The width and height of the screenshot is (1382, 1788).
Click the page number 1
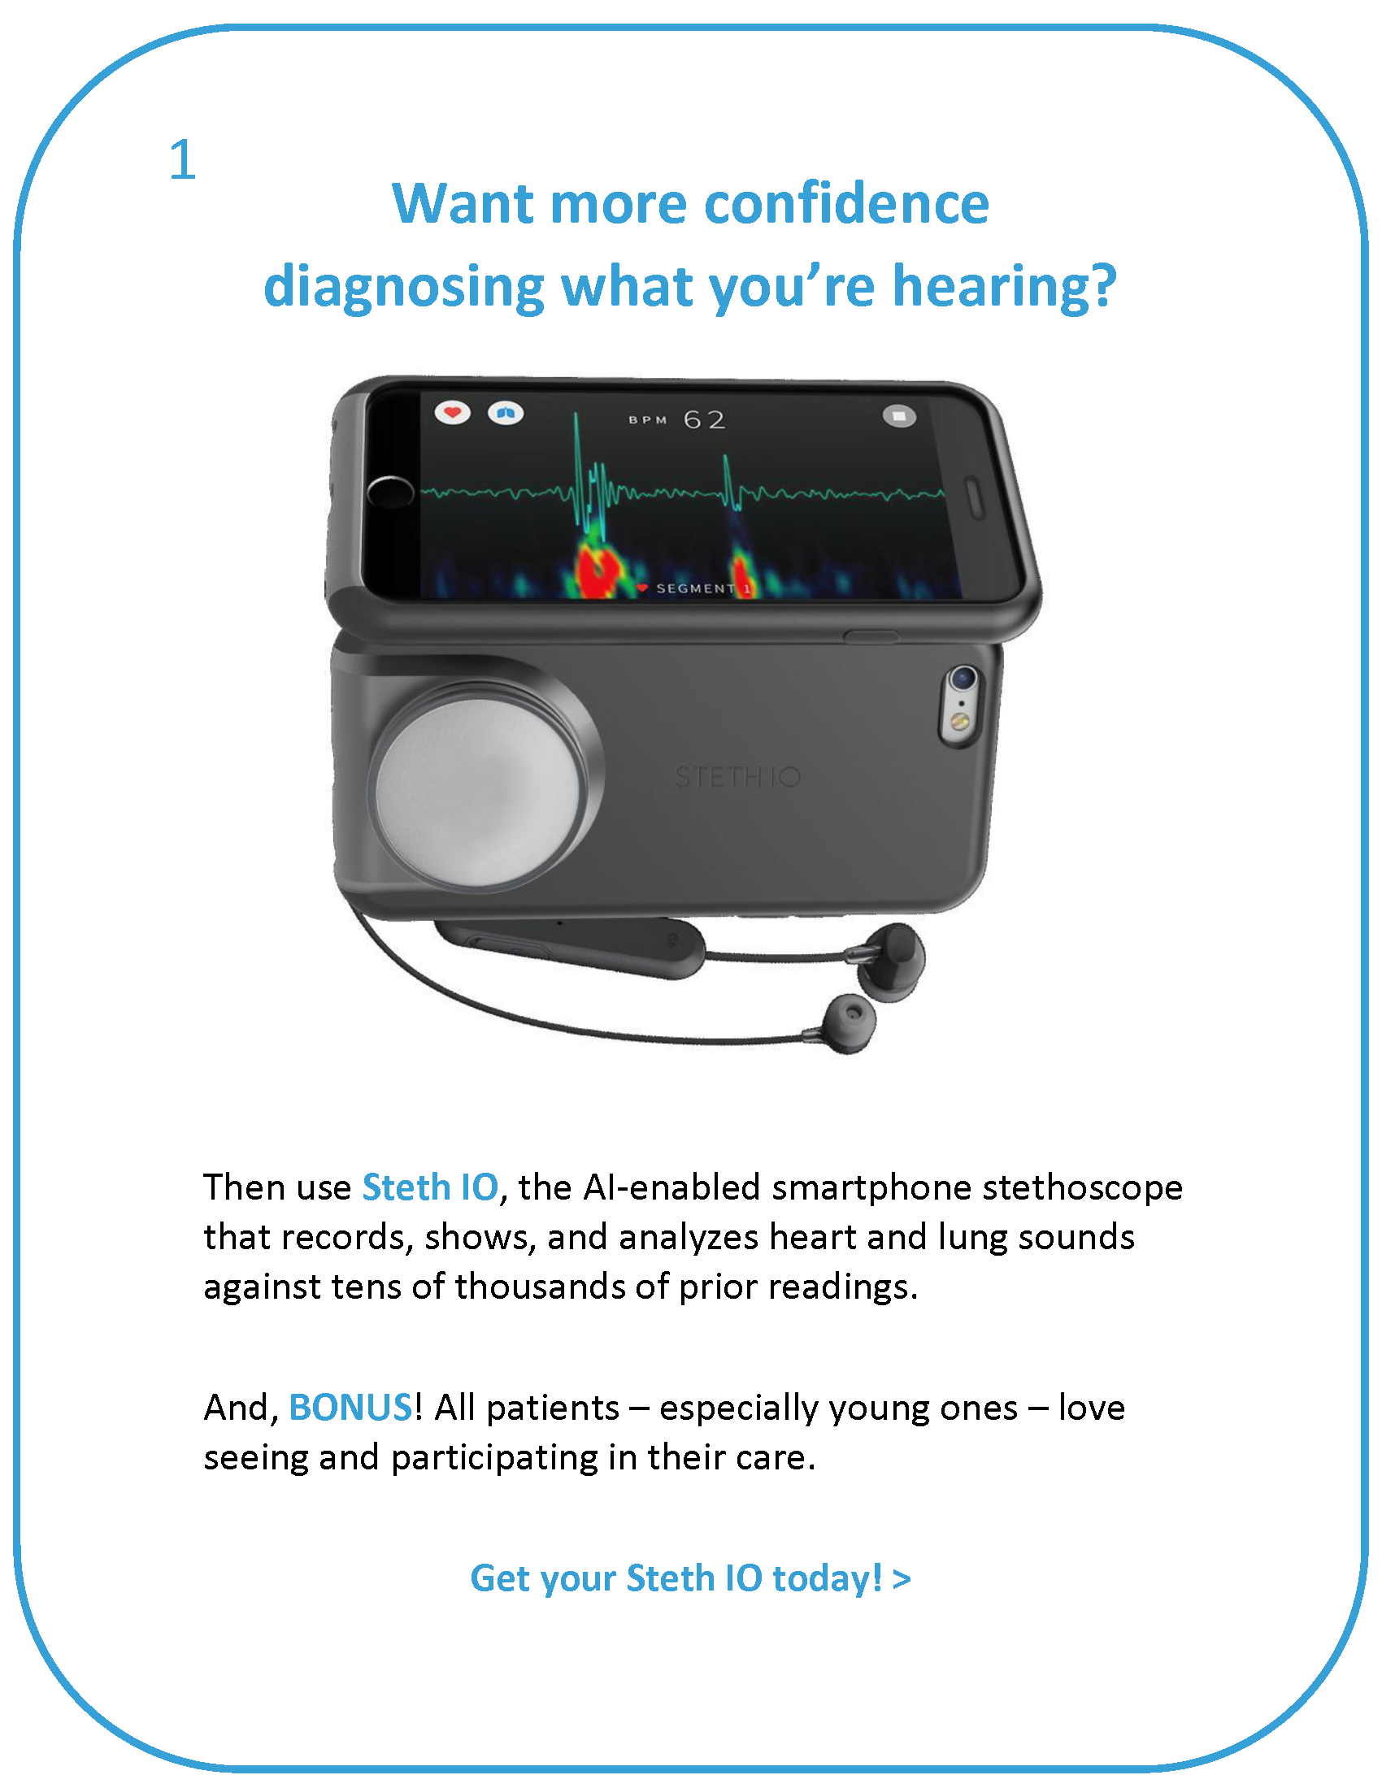pyautogui.click(x=183, y=159)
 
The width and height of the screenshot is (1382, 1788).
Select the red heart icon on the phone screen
pyautogui.click(x=453, y=412)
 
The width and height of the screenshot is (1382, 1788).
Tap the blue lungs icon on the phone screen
pyautogui.click(x=506, y=414)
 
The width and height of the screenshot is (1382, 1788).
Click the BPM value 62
pyautogui.click(x=705, y=420)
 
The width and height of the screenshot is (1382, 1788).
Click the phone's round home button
pyautogui.click(x=390, y=492)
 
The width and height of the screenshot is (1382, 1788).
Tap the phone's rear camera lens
pyautogui.click(x=963, y=678)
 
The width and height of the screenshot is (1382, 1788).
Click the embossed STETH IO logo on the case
pyautogui.click(x=737, y=777)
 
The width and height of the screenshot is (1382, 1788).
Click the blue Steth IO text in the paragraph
pyautogui.click(x=431, y=1187)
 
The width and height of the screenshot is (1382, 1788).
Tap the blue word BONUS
pyautogui.click(x=350, y=1408)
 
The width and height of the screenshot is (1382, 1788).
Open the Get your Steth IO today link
pyautogui.click(x=690, y=1578)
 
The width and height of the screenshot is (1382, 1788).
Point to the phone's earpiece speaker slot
pyautogui.click(x=976, y=498)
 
